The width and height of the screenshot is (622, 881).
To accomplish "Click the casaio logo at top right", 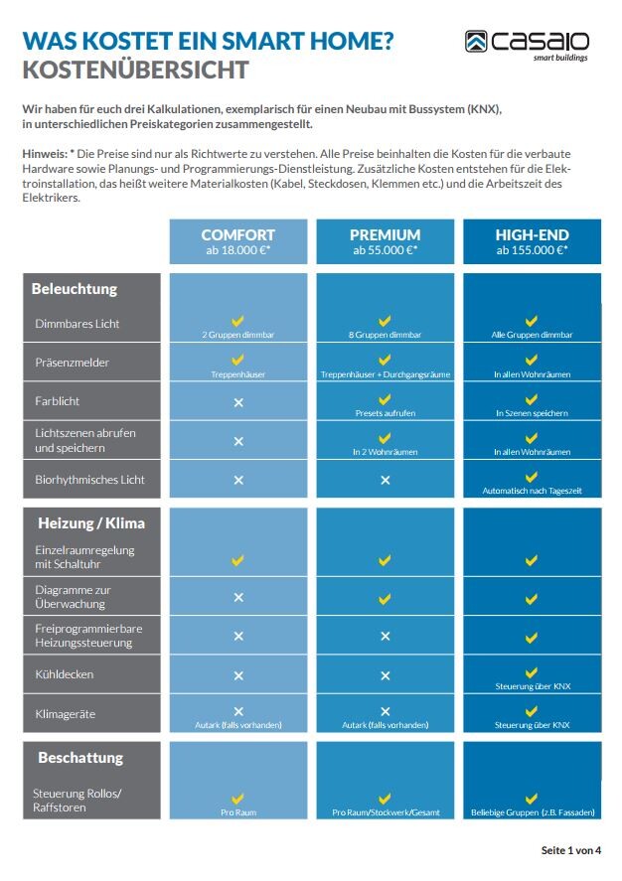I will [x=527, y=44].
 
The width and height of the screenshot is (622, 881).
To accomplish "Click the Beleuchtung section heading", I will [x=75, y=289].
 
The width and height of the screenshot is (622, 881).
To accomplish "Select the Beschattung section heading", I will [x=80, y=757].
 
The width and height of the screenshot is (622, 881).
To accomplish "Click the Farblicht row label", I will [x=58, y=401].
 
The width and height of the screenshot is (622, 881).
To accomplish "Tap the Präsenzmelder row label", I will [x=72, y=363].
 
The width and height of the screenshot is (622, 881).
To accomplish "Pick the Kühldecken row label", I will [x=65, y=675].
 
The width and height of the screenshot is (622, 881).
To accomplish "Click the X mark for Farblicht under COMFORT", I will [x=237, y=401].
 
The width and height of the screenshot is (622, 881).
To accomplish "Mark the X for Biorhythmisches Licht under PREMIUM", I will [x=385, y=480].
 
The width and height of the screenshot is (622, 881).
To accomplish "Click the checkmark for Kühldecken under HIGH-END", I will [x=532, y=672].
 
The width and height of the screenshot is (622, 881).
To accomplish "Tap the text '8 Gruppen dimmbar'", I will [x=385, y=336].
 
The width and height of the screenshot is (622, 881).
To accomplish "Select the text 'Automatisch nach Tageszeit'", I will [x=532, y=492].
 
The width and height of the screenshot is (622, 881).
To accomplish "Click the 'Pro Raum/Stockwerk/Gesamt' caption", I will [x=385, y=813].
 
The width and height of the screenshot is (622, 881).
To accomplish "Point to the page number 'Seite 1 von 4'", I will [x=570, y=850].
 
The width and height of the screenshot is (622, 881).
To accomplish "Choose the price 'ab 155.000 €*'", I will [x=532, y=251].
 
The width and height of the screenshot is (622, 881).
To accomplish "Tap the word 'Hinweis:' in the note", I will [x=44, y=156].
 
